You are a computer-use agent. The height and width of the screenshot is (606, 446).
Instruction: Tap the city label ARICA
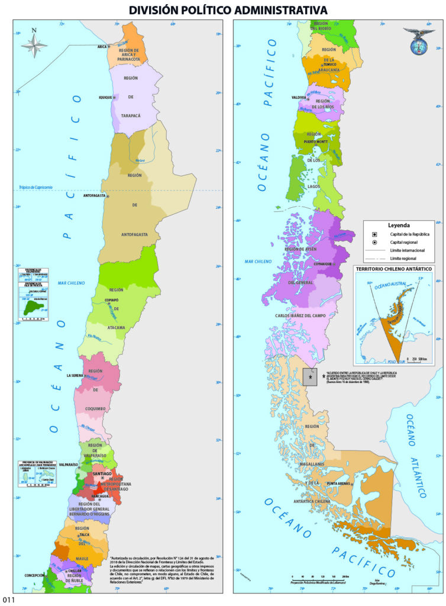click(x=101, y=46)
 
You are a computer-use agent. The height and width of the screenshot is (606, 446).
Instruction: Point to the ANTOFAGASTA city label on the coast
click(x=94, y=195)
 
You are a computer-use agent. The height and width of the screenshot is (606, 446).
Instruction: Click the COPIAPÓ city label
click(x=99, y=300)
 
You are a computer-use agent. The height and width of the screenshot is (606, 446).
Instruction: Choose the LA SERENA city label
click(x=77, y=375)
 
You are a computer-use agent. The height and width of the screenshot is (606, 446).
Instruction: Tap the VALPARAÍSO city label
click(x=69, y=466)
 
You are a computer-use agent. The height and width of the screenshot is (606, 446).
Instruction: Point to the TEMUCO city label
click(x=339, y=64)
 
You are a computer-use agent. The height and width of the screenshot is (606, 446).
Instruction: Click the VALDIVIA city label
click(x=299, y=97)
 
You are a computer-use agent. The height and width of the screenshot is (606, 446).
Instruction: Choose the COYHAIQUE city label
click(x=322, y=264)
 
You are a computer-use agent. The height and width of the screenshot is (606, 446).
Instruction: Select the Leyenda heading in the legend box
click(x=399, y=225)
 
